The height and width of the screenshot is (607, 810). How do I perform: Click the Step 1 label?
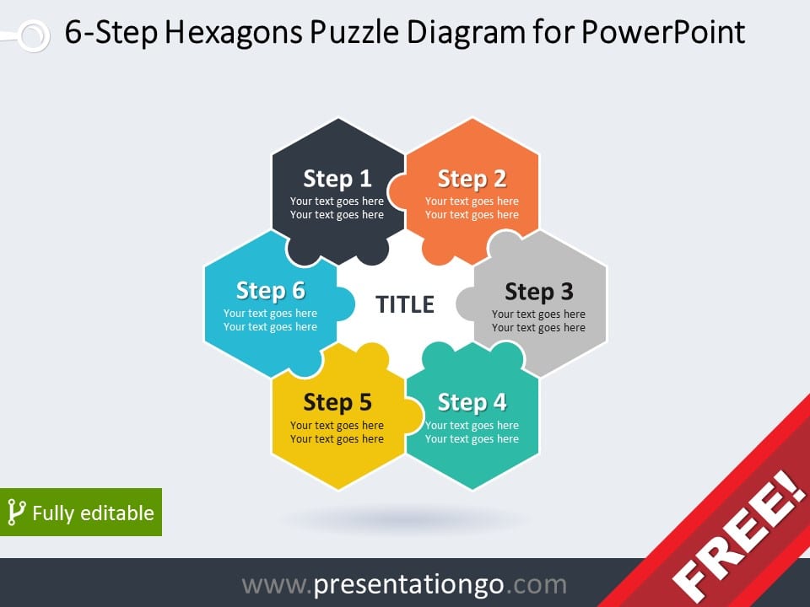[x=337, y=179]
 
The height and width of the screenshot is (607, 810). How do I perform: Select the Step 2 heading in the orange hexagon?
[x=472, y=179]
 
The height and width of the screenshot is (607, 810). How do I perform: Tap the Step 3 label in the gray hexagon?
[x=539, y=292]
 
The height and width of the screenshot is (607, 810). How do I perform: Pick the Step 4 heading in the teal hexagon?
[x=472, y=403]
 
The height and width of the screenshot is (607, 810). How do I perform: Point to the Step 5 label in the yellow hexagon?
[x=337, y=403]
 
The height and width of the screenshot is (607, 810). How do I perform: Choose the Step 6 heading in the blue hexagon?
[x=271, y=291]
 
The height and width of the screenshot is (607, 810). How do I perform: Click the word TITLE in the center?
[x=404, y=304]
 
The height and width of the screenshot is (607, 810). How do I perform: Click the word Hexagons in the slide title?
[x=234, y=33]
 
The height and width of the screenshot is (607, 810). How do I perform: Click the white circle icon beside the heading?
[x=34, y=35]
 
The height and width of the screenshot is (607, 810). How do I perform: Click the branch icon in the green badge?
[x=16, y=512]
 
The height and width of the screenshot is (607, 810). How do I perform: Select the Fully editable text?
[x=93, y=513]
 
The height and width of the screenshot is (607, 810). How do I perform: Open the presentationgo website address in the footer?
[x=404, y=585]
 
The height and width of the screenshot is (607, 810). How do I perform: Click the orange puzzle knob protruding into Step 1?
[x=397, y=191]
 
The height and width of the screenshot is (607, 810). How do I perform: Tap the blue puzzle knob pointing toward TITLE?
[x=345, y=304]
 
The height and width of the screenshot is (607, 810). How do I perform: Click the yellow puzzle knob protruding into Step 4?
[x=413, y=416]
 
